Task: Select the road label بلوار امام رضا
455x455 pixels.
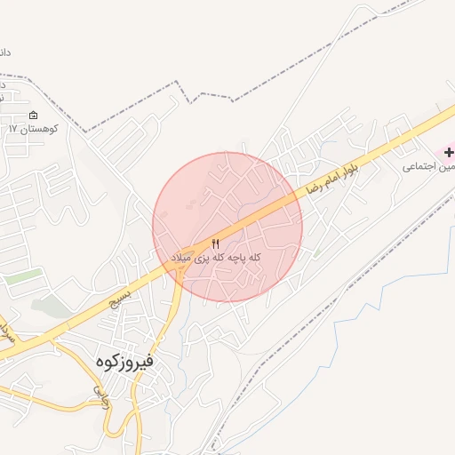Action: [x=331, y=175]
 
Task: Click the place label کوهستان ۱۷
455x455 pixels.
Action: [x=33, y=130]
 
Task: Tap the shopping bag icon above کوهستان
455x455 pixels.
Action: [x=34, y=116]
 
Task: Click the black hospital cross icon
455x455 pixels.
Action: [x=449, y=152]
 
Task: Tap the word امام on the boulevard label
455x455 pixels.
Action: [x=331, y=175]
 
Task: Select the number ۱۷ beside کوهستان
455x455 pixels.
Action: [x=13, y=130]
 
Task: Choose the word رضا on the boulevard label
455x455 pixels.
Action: [x=314, y=187]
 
